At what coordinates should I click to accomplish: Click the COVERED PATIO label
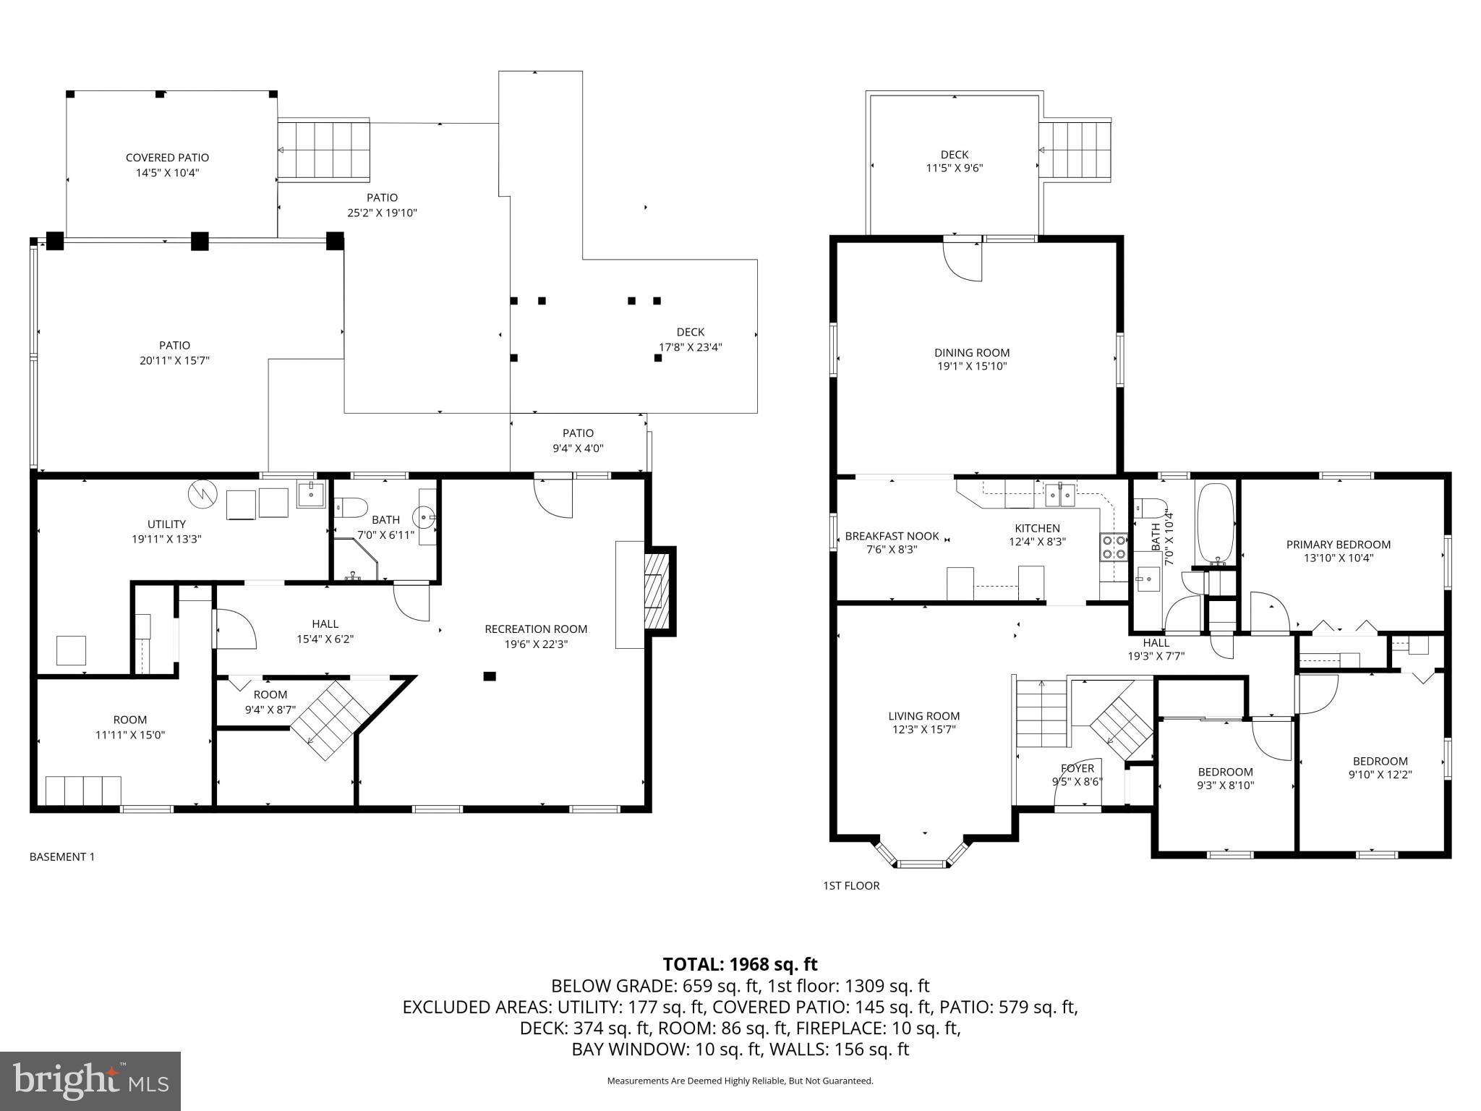point(167,158)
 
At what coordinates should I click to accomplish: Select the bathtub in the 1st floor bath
point(1216,524)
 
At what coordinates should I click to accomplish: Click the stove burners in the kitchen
point(1114,547)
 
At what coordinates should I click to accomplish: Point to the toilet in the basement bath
point(351,507)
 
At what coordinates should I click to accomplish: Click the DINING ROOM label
point(972,353)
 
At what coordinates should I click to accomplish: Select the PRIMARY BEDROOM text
point(1338,545)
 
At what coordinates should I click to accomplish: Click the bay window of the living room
point(922,856)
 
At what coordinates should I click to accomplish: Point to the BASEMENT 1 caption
point(62,857)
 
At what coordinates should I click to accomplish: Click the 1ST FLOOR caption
point(851,886)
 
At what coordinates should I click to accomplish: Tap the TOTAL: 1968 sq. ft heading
point(740,964)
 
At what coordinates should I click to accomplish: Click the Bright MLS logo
point(90,1081)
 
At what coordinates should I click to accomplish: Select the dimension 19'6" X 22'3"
point(536,644)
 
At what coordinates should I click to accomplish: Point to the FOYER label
point(1077,768)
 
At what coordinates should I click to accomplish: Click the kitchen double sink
point(1061,496)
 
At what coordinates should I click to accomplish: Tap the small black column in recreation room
point(490,676)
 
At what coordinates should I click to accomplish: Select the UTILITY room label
point(166,524)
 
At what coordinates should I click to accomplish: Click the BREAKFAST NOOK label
point(892,536)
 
